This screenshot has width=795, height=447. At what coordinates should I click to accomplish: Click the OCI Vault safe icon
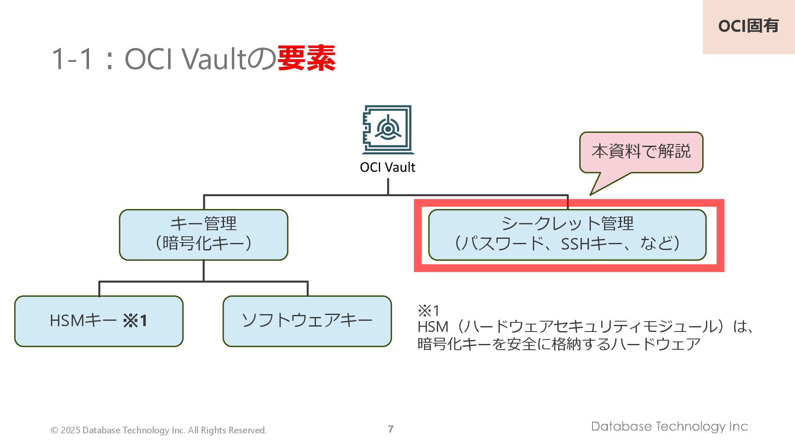(x=388, y=130)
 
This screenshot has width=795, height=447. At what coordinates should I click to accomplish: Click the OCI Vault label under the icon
(x=388, y=167)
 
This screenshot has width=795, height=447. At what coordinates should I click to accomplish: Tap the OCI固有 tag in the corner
(x=748, y=26)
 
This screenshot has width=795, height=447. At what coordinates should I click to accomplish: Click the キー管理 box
(x=203, y=234)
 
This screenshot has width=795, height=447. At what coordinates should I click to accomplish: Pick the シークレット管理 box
(x=567, y=234)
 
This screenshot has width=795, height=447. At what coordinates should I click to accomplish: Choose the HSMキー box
(x=99, y=321)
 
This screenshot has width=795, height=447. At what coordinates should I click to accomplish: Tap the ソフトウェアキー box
(x=307, y=321)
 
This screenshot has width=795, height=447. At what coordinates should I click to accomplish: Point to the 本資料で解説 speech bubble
(x=641, y=152)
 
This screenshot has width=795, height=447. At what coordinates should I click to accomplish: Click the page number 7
(x=390, y=429)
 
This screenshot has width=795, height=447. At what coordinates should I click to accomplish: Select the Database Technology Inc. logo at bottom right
(x=670, y=426)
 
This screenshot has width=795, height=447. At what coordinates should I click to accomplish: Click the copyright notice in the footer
(x=159, y=430)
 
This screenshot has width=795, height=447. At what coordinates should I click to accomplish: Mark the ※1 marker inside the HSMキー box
(x=135, y=321)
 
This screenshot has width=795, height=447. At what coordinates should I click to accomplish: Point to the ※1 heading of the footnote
(x=429, y=310)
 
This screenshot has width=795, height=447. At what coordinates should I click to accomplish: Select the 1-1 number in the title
(x=73, y=59)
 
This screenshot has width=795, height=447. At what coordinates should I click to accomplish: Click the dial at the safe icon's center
(x=388, y=129)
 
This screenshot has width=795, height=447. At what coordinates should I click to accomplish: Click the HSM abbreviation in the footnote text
(x=433, y=327)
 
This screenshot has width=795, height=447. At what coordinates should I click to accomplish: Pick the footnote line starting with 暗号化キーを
(x=559, y=344)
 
